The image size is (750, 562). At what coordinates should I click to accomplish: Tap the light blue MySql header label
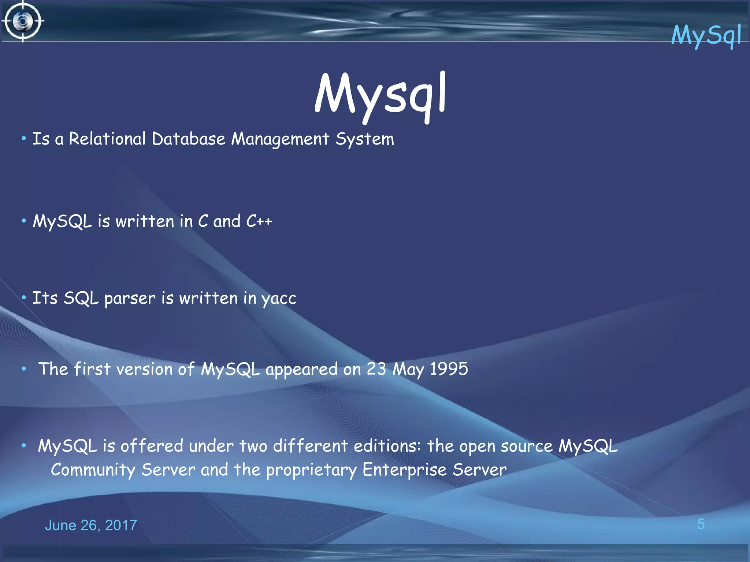(x=706, y=35)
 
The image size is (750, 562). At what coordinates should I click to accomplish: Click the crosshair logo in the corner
(x=23, y=21)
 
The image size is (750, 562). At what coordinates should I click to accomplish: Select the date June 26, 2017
(x=91, y=525)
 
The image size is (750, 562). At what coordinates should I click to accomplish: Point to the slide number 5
(x=701, y=524)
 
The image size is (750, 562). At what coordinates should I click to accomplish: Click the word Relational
(x=107, y=139)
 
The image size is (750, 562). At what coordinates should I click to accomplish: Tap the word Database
(x=188, y=139)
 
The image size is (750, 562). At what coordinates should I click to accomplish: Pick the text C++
(x=259, y=221)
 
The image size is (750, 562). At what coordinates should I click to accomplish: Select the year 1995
(x=449, y=369)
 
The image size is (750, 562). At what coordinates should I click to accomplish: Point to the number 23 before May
(x=376, y=369)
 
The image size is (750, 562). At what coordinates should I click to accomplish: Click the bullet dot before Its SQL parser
(x=24, y=298)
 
